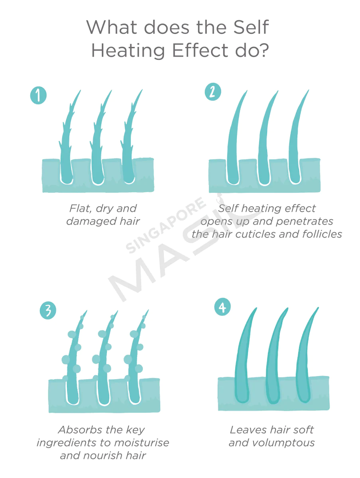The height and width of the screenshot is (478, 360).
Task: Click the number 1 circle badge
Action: [38, 96]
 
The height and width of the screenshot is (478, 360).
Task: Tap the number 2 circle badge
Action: [213, 92]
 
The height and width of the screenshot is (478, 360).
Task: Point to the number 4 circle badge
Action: [222, 308]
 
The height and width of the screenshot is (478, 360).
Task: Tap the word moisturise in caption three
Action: [142, 443]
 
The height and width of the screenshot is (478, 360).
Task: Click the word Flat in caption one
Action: [79, 208]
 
